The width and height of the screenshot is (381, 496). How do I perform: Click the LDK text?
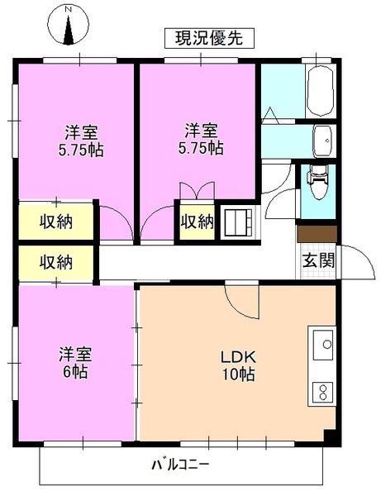(x=238, y=357)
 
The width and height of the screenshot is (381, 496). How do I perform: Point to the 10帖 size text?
(x=237, y=374)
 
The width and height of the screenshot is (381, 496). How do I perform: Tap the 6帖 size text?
(x=74, y=370)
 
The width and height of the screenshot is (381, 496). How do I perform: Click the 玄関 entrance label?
(x=317, y=260)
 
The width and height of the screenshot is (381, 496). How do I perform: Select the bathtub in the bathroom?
(x=319, y=93)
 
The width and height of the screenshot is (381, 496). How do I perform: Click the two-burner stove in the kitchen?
(x=322, y=392)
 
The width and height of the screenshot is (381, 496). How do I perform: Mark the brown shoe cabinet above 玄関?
(x=317, y=234)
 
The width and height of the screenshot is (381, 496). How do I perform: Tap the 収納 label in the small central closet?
(x=198, y=222)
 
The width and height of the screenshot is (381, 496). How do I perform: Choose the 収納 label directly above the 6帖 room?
(x=56, y=263)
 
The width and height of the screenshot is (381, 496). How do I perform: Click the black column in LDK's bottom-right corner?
(x=331, y=436)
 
